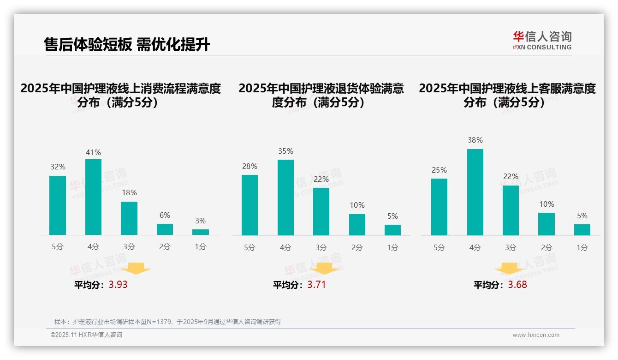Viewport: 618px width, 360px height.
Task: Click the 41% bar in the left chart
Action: pyautogui.click(x=93, y=197)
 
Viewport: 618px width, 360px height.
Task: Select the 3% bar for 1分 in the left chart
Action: pyautogui.click(x=201, y=232)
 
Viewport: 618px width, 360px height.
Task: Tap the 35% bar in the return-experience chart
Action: pyautogui.click(x=285, y=198)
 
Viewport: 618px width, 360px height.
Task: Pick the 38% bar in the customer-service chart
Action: pyautogui.click(x=475, y=192)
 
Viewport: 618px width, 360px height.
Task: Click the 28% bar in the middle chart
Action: pyautogui.click(x=250, y=205)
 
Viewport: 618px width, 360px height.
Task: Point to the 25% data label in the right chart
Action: pyautogui.click(x=439, y=170)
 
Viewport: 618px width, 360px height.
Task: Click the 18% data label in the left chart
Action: pyautogui.click(x=129, y=193)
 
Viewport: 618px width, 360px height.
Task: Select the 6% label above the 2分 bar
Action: pyautogui.click(x=165, y=215)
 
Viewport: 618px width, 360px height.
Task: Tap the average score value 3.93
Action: pyautogui.click(x=118, y=284)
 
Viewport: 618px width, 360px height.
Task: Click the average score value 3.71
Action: pyautogui.click(x=316, y=284)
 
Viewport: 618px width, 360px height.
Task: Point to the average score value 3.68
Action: pyautogui.click(x=517, y=284)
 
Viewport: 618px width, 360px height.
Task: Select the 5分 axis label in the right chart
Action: pyautogui.click(x=439, y=247)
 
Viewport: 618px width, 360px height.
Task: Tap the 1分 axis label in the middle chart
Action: pyautogui.click(x=392, y=247)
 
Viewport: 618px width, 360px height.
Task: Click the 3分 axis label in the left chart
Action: pyautogui.click(x=129, y=247)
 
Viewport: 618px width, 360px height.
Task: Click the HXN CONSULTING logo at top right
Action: pyautogui.click(x=542, y=41)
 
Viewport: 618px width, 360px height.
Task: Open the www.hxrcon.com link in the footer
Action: pyautogui.click(x=536, y=335)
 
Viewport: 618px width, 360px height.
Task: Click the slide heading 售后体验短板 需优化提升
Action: pyautogui.click(x=127, y=44)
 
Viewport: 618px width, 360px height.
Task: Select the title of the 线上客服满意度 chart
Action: pyautogui.click(x=507, y=95)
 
